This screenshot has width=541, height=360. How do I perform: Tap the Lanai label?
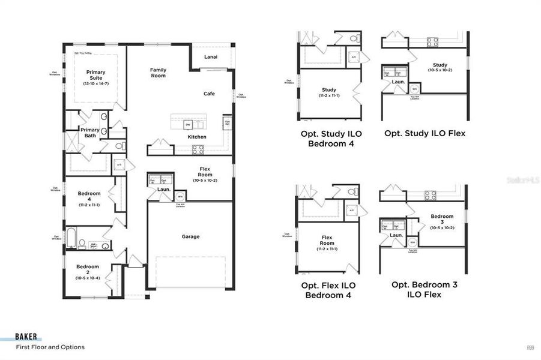[210, 57]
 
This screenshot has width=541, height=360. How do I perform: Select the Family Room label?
[158, 73]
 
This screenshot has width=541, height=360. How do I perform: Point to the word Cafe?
[209, 94]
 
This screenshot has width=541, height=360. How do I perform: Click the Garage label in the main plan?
[191, 236]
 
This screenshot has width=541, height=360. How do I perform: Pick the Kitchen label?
[197, 137]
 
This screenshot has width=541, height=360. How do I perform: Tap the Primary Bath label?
[90, 133]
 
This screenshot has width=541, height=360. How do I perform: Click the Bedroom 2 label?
[88, 269]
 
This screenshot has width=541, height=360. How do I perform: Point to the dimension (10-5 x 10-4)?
[88, 278]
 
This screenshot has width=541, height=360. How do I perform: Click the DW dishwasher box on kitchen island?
[188, 125]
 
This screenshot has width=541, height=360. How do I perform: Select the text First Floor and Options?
[50, 347]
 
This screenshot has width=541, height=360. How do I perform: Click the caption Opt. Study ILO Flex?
[425, 134]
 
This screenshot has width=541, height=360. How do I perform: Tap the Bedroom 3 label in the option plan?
[442, 219]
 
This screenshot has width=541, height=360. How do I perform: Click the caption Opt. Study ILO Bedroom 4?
[328, 139]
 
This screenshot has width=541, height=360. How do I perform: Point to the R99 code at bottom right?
[530, 347]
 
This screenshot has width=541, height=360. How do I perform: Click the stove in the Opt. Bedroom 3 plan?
[431, 195]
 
